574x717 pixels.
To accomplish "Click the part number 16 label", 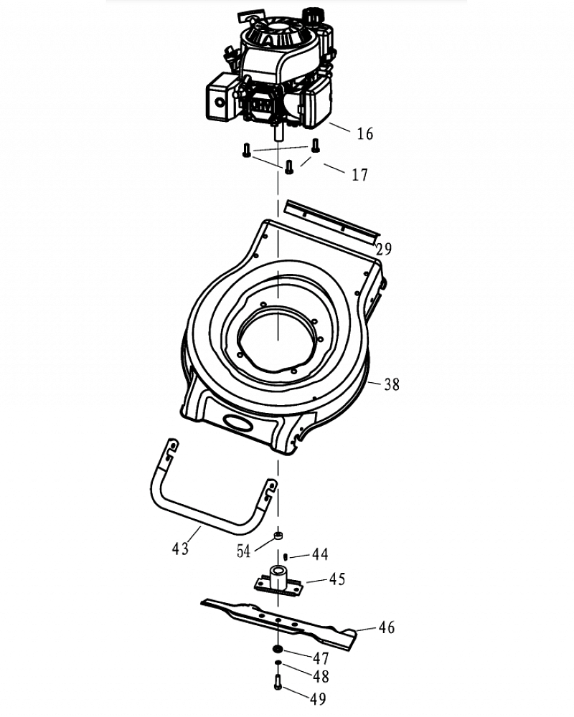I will (x=365, y=134).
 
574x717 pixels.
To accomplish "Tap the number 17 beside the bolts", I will (x=360, y=174).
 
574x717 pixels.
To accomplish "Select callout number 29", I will (x=384, y=250).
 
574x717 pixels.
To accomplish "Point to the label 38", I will (x=391, y=384).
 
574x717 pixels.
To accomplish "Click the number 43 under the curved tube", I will (x=180, y=549).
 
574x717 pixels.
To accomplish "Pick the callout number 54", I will (x=245, y=551).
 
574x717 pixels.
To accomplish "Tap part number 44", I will (x=320, y=554).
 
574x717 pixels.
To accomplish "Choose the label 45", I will (x=337, y=579).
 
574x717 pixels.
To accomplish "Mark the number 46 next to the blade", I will (x=386, y=628).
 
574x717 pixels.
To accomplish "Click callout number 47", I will (x=320, y=657).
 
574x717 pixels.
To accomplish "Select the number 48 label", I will (x=321, y=675).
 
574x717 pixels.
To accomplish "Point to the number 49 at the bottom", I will (x=318, y=697).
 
